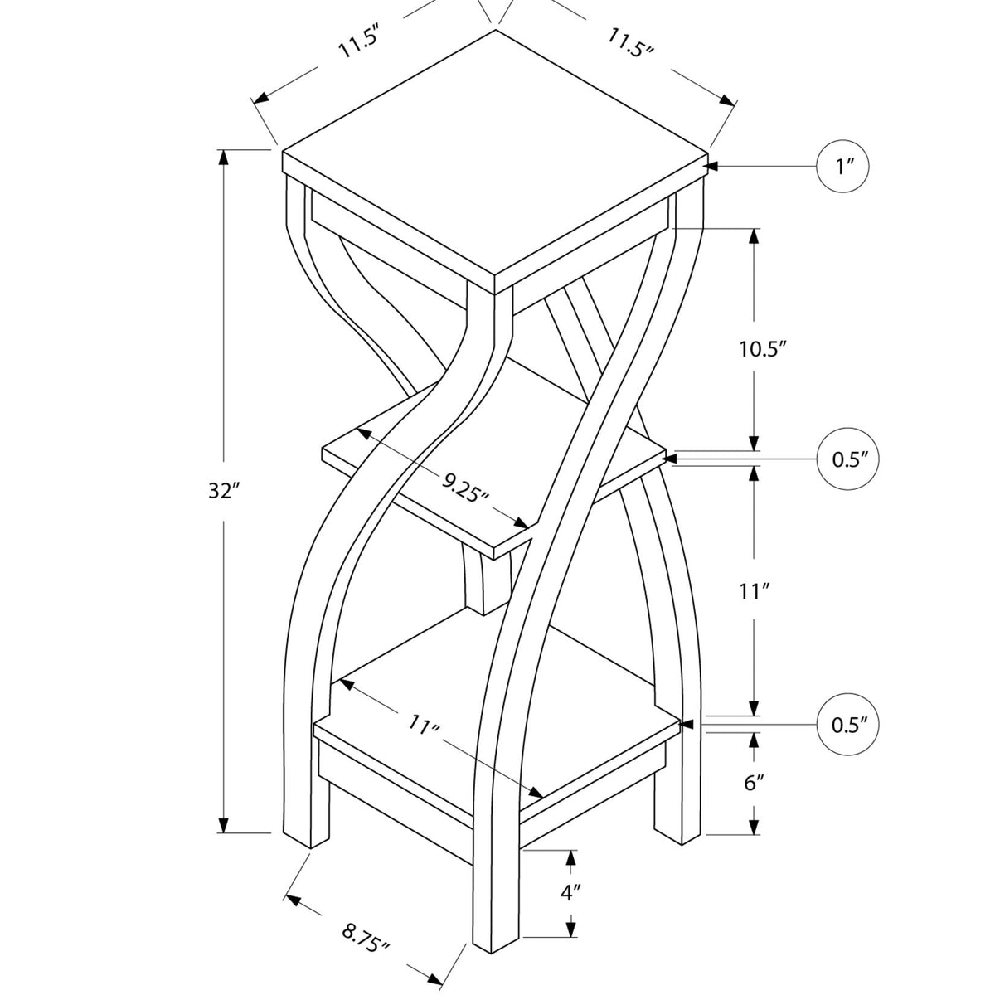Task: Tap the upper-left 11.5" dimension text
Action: pyautogui.click(x=357, y=42)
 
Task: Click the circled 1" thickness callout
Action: pyautogui.click(x=844, y=167)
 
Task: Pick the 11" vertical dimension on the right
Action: pyautogui.click(x=754, y=591)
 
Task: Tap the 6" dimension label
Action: pyautogui.click(x=753, y=784)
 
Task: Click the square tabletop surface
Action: pyautogui.click(x=496, y=158)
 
